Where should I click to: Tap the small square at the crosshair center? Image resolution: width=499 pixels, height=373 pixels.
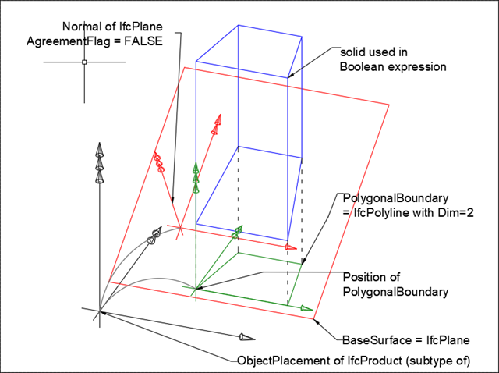(83, 61)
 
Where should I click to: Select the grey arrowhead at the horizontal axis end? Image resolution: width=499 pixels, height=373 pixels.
(246, 337)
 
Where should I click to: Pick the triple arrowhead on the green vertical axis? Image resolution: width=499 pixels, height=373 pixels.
(196, 178)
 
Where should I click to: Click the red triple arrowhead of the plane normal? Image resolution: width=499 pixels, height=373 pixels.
(160, 162)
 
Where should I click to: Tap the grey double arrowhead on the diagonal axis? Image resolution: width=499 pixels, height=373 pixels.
(154, 234)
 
